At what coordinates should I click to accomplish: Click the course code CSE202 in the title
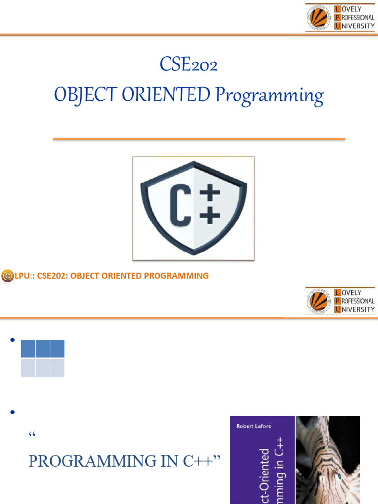(x=189, y=64)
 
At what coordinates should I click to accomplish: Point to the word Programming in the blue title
(x=269, y=95)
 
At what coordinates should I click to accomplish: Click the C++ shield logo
(x=193, y=208)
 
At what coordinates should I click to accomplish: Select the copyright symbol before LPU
(x=7, y=276)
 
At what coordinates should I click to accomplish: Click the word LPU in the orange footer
(x=23, y=276)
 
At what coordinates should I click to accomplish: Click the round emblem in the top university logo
(x=319, y=18)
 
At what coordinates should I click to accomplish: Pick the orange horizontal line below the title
(x=199, y=139)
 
